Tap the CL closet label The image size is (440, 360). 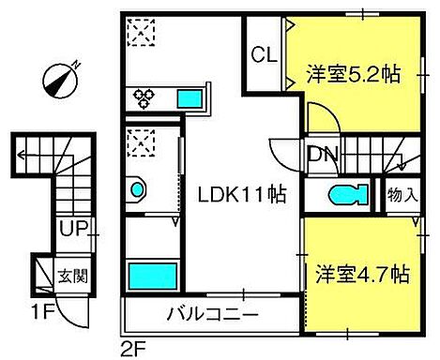click(264, 56)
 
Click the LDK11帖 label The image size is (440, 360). click(241, 195)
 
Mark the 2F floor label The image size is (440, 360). click(133, 348)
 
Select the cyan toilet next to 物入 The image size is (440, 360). click(347, 196)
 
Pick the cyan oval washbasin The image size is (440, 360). click(138, 191)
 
